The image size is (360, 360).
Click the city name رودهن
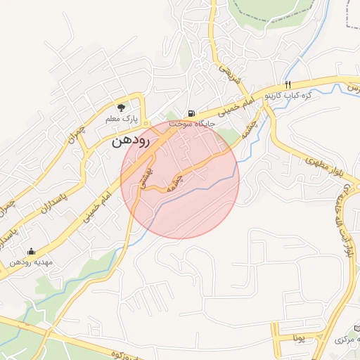click(x=131, y=141)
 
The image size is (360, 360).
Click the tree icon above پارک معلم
click(x=121, y=108)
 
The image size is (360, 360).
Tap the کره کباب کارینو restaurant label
click(x=288, y=94)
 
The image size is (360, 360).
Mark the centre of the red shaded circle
click(x=180, y=179)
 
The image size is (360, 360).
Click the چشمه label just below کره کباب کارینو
click(x=250, y=128)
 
